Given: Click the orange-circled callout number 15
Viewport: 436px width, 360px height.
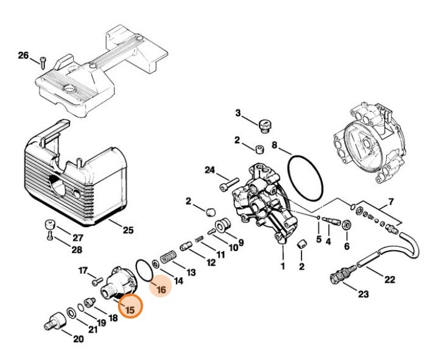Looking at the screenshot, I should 130,309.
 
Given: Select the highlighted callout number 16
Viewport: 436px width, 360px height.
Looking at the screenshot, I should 161,291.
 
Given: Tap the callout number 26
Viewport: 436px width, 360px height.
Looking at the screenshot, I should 23,56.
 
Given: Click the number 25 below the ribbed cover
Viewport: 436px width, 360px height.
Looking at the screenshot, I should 127,230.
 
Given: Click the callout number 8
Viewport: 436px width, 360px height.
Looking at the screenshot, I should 275,146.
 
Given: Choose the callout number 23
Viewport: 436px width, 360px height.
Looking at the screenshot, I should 363,295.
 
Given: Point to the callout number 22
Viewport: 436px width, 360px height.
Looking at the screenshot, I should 390,280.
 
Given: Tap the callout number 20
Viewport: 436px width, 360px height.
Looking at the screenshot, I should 78,339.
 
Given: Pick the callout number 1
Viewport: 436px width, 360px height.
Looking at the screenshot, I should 283,266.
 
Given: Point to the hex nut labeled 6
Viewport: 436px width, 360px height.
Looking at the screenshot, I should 346,225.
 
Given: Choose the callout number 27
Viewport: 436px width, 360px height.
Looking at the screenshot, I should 78,238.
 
